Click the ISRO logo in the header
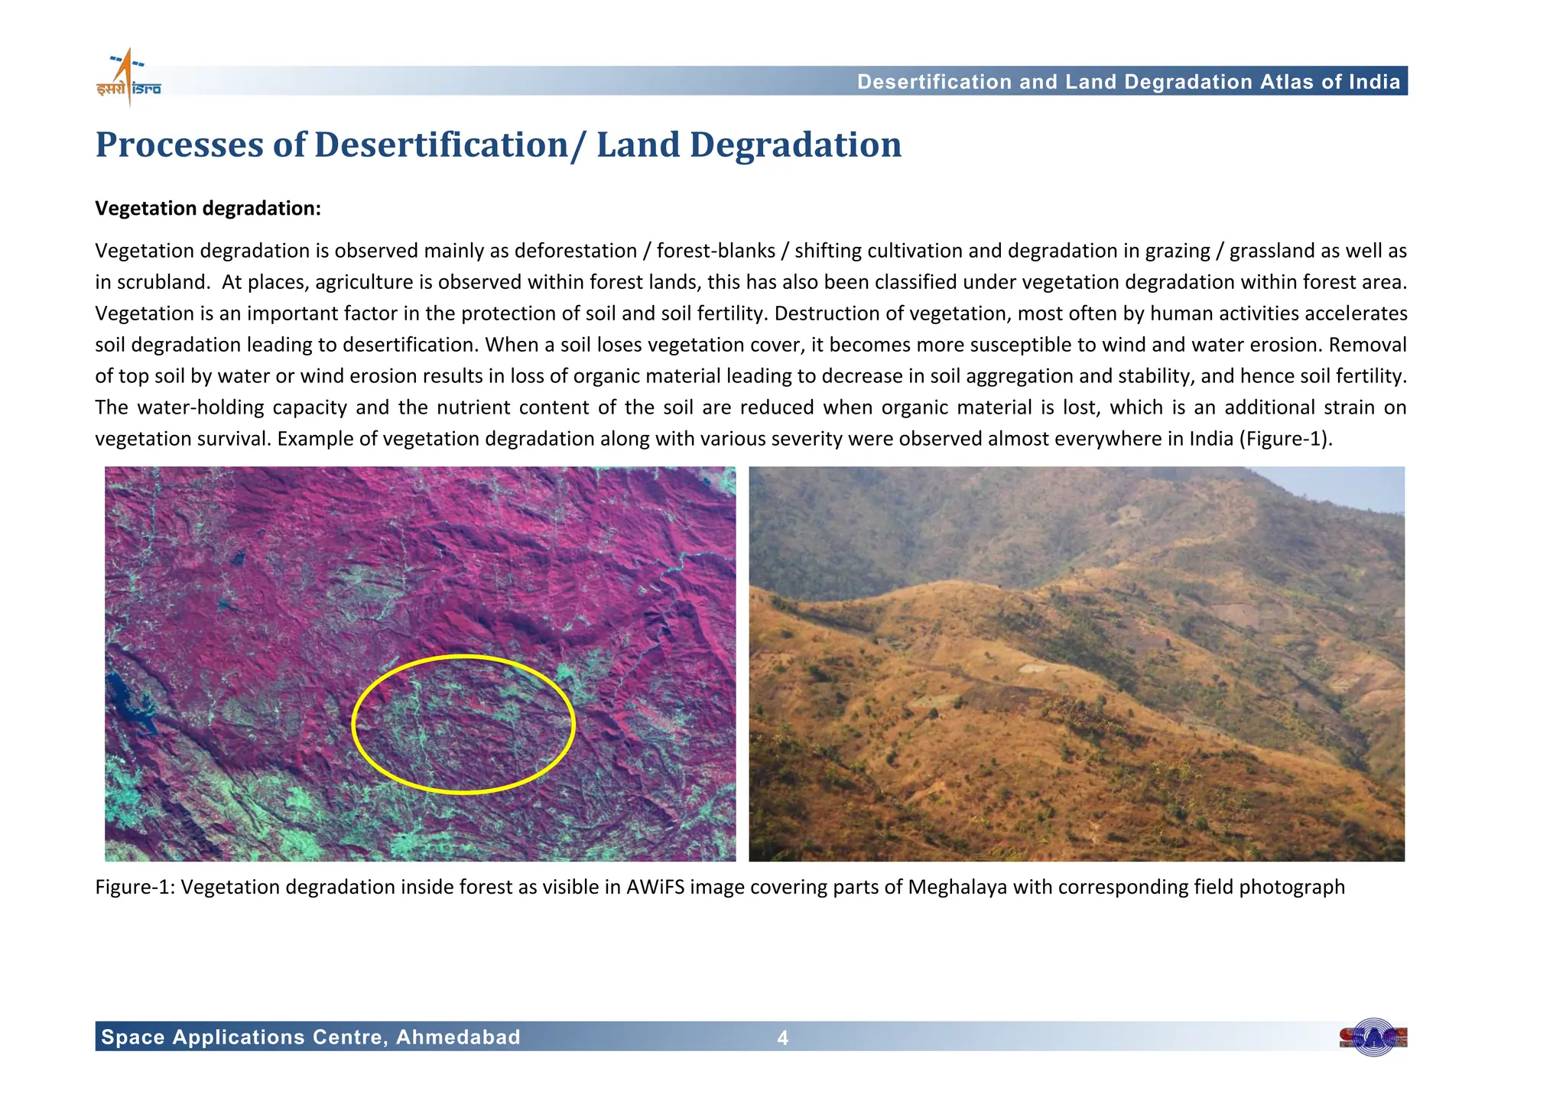(128, 79)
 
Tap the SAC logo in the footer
(1373, 1037)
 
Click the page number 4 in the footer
(782, 1038)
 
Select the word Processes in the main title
(179, 145)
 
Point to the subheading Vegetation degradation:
(208, 209)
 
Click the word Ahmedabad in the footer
(458, 1037)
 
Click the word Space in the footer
(133, 1037)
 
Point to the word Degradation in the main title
(795, 145)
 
